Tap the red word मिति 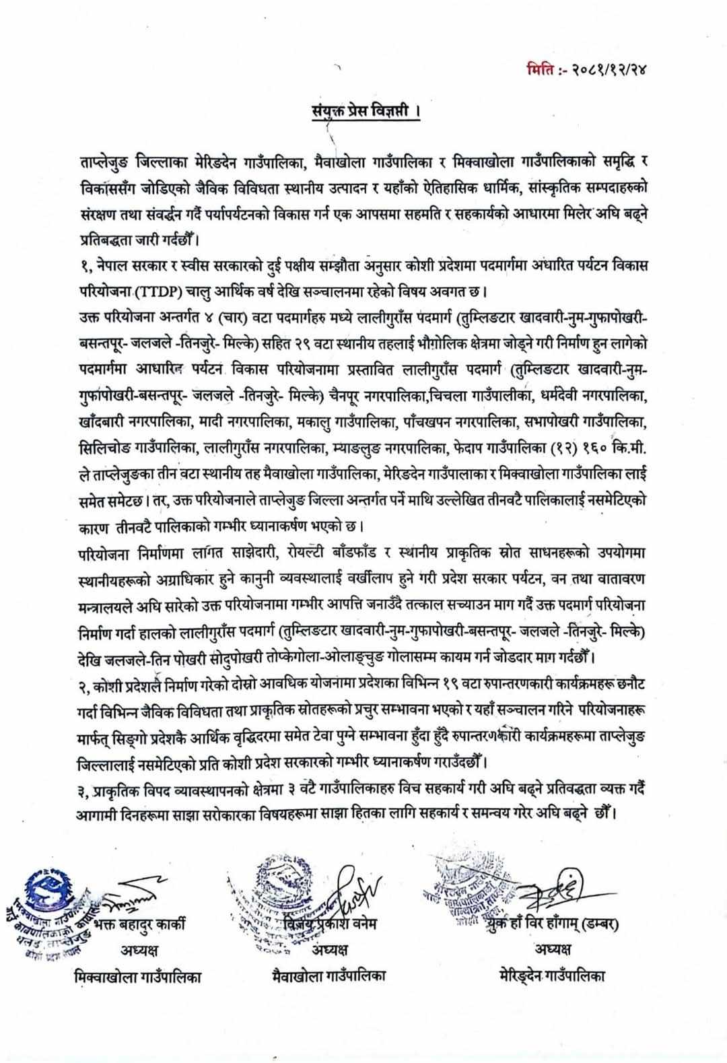tap(543, 69)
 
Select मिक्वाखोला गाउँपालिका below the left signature tap(137, 977)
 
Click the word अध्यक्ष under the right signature tap(553, 949)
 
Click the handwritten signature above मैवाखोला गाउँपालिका tap(357, 889)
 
